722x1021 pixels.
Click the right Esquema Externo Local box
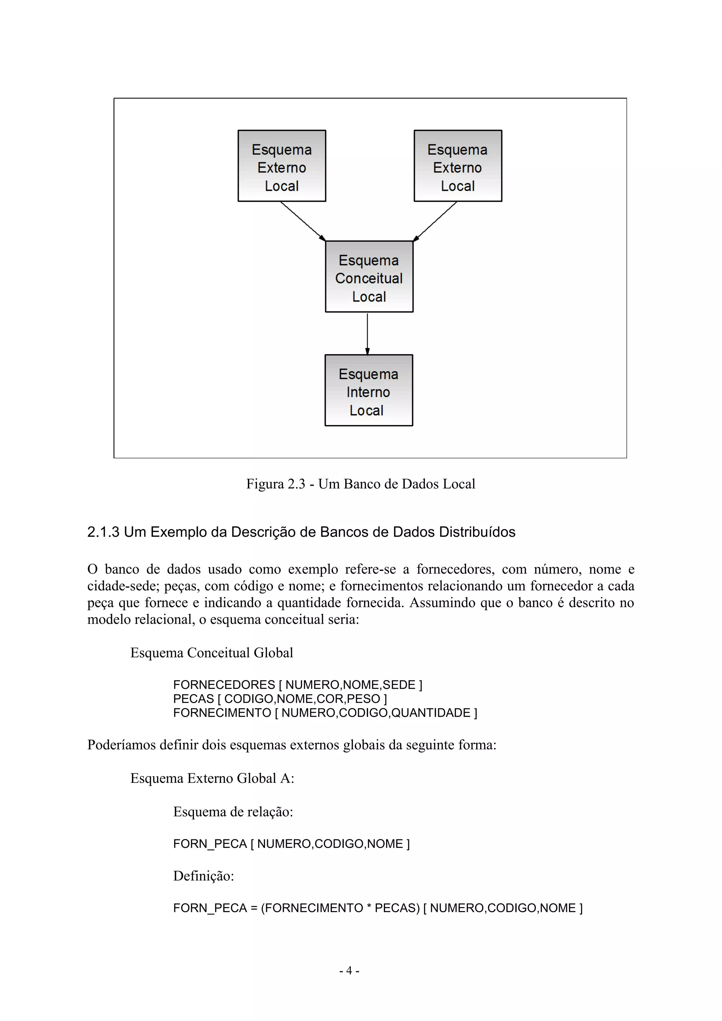(x=458, y=166)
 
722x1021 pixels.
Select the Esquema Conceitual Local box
(x=369, y=276)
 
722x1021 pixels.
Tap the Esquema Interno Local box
(x=368, y=390)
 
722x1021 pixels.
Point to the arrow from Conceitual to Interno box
(x=367, y=334)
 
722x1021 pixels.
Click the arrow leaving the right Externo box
(x=436, y=221)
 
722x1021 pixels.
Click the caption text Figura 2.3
(x=276, y=484)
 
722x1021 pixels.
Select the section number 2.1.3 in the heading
(x=103, y=532)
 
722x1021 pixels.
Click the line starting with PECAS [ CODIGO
(x=280, y=699)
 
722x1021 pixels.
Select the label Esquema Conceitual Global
(x=212, y=653)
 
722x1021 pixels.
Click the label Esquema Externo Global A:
(x=212, y=778)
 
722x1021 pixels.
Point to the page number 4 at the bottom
(x=349, y=971)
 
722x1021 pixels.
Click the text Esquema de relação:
(x=233, y=812)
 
